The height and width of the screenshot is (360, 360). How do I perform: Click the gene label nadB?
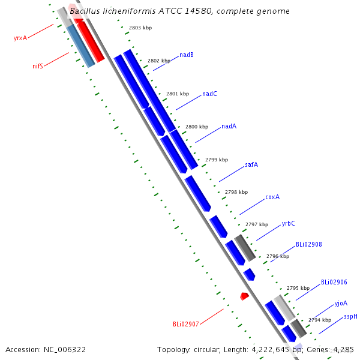tap(187, 55)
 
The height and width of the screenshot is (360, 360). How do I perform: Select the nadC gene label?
tap(209, 94)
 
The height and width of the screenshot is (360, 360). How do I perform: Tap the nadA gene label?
tap(229, 126)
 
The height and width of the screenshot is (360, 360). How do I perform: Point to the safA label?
tap(251, 164)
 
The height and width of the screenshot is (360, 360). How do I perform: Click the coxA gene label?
tap(272, 197)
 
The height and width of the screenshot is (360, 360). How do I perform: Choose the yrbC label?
tap(289, 223)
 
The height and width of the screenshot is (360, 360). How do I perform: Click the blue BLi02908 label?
tap(309, 244)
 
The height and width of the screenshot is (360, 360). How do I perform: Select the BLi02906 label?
tap(334, 282)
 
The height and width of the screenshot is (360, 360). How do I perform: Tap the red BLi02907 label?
tap(186, 324)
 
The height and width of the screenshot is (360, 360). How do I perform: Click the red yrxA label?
tap(20, 38)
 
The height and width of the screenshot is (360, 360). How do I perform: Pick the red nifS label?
tap(38, 66)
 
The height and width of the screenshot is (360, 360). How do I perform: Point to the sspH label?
tap(350, 317)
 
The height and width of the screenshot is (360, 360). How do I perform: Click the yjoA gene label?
tap(341, 303)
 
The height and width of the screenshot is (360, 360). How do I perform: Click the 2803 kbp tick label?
tap(140, 28)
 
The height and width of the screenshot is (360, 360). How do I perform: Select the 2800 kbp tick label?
tap(197, 127)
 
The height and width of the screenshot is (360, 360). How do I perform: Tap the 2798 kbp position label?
tap(236, 192)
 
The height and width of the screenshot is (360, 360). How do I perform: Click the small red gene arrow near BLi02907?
tap(245, 296)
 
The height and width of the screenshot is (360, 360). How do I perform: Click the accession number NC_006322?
tap(65, 350)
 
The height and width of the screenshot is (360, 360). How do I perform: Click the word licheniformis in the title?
tap(129, 11)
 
